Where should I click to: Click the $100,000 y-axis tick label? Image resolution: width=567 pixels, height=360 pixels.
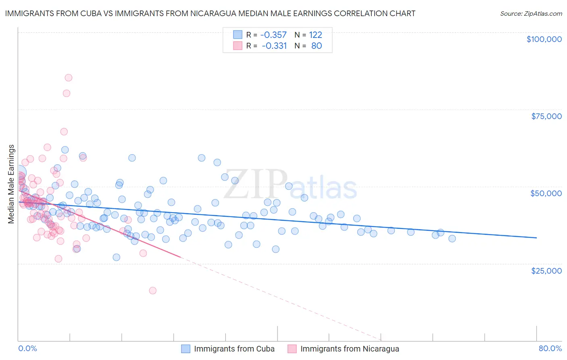[x=544, y=39]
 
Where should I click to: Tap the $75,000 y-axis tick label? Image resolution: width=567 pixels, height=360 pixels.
[x=546, y=116]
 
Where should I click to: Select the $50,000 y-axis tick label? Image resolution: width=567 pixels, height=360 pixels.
[x=546, y=193]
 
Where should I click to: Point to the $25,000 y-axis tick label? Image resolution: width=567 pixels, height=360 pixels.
[x=546, y=271]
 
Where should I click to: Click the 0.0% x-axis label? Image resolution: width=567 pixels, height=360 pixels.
[x=28, y=348]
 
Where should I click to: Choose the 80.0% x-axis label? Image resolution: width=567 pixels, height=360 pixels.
[x=550, y=348]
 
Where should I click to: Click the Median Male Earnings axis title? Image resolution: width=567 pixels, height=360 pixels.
[x=11, y=184]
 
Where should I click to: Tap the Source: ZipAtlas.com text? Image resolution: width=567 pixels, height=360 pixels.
[x=531, y=13]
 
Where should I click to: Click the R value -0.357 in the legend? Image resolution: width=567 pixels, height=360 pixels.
[x=274, y=35]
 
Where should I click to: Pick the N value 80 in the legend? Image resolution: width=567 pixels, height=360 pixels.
[x=317, y=46]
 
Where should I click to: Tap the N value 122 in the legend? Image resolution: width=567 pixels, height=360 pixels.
[x=315, y=35]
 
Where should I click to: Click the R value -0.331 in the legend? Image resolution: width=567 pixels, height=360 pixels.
[x=274, y=46]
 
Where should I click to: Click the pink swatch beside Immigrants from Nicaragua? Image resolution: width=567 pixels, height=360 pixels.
[x=292, y=349]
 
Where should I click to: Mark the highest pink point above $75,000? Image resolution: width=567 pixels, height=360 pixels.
[x=69, y=77]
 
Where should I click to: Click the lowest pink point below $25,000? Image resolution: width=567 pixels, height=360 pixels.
[x=152, y=291]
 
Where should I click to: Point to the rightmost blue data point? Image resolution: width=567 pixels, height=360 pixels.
[x=452, y=239]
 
